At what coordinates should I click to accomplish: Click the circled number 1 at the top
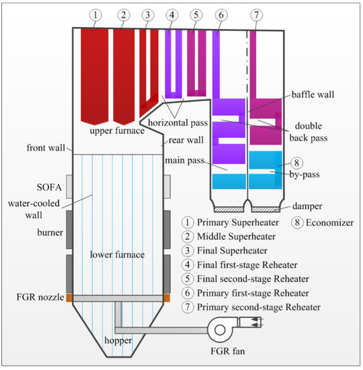[95, 14]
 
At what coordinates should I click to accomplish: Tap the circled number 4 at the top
[172, 14]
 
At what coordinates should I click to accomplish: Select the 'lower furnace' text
[119, 254]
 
